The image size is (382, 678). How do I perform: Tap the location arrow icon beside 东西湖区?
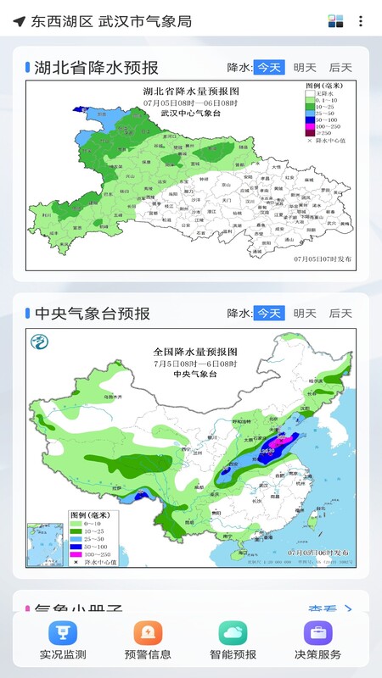(x=19, y=21)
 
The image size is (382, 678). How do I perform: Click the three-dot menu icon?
(x=362, y=21)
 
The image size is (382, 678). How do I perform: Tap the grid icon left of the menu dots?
(x=336, y=21)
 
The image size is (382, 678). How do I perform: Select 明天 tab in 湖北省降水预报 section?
(x=305, y=68)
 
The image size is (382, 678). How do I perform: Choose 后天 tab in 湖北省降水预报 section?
(x=340, y=68)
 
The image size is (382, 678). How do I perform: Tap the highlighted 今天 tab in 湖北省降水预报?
(x=269, y=68)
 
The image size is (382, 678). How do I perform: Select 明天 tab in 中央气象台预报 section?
(x=305, y=314)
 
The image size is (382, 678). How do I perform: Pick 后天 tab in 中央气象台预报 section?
(x=340, y=314)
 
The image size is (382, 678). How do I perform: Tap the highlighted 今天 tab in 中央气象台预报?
(x=269, y=314)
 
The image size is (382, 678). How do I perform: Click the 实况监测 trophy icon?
(x=63, y=633)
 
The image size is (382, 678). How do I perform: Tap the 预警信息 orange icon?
(x=148, y=633)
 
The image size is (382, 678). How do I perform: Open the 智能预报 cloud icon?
(x=233, y=633)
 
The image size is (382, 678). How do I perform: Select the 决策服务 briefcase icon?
(x=317, y=633)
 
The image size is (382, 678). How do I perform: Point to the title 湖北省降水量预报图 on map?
(x=192, y=92)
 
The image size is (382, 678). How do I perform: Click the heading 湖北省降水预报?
(x=96, y=68)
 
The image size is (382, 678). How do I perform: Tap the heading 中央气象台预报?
(x=93, y=314)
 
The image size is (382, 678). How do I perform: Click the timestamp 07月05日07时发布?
(x=322, y=258)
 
